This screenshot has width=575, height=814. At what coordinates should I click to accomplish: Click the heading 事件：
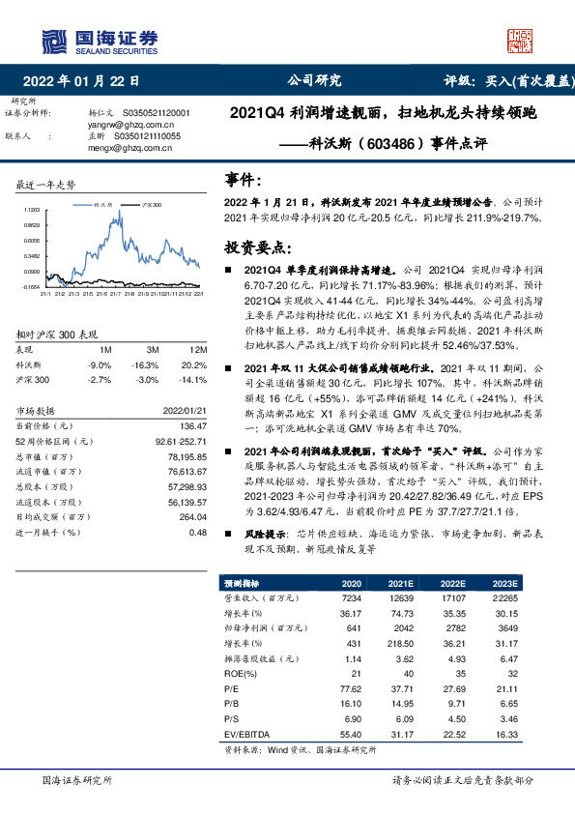[243, 180]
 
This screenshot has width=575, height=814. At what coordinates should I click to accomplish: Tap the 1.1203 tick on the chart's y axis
[30, 209]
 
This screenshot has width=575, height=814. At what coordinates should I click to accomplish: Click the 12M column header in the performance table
[199, 348]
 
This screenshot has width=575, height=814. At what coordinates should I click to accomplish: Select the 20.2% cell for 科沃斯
[196, 365]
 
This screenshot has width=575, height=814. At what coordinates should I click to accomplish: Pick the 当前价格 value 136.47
[194, 426]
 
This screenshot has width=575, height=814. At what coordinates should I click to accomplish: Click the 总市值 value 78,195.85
[188, 456]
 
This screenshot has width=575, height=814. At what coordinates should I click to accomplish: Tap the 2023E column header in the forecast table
[505, 585]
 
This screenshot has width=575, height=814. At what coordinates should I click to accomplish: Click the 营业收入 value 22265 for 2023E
[505, 600]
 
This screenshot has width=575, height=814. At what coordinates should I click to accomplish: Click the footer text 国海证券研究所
[78, 779]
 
